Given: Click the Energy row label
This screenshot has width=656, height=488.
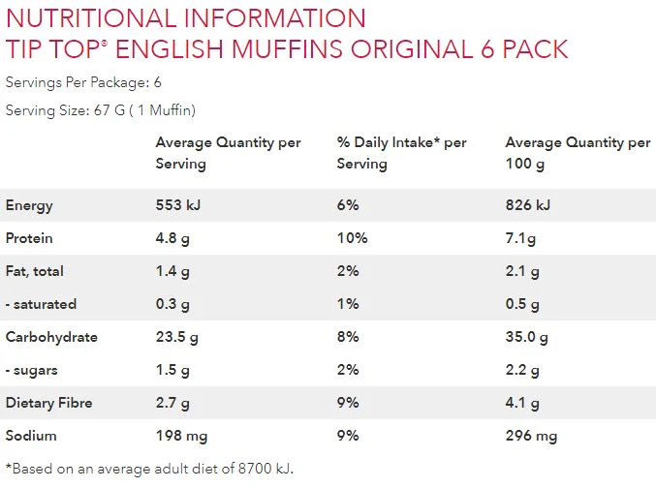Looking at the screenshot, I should click(29, 205).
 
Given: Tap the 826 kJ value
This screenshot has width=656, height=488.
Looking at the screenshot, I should click(527, 205).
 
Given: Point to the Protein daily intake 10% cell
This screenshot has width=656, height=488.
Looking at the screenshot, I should click(351, 238).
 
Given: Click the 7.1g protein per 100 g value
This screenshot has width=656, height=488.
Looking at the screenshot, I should click(520, 238).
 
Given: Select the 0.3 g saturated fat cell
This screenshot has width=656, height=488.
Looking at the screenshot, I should click(172, 304).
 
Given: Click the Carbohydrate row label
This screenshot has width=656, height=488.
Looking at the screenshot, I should click(51, 337).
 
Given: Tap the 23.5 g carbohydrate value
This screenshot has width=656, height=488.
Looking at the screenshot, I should click(176, 337).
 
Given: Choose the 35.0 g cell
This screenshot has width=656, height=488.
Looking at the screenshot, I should click(526, 337).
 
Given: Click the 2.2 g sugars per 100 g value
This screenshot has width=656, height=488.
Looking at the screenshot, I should click(522, 370).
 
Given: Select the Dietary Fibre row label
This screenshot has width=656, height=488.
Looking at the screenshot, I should click(49, 403).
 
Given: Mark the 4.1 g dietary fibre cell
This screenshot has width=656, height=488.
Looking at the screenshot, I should click(521, 403).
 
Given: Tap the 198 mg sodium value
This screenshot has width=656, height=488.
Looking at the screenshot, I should click(180, 436).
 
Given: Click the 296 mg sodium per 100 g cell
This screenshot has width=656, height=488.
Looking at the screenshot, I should click(531, 436).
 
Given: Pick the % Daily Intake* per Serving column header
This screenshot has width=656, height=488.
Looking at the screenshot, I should click(401, 153).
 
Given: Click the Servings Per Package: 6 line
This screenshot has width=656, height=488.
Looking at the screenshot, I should click(83, 81).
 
